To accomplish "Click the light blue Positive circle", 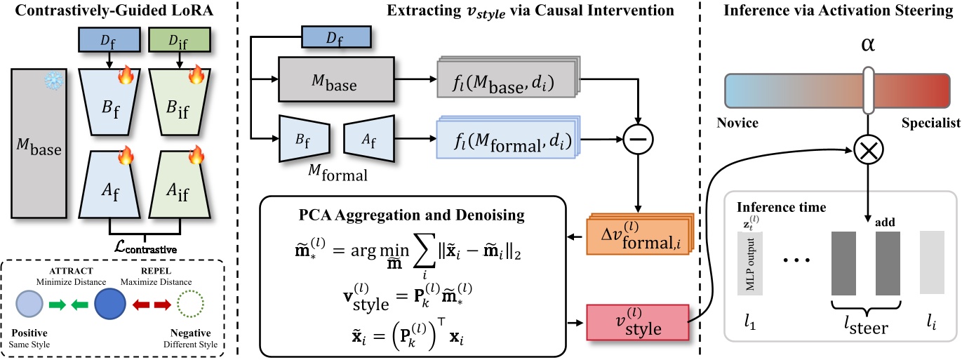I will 32,307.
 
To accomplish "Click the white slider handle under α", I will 869,90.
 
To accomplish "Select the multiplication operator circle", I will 869,148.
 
